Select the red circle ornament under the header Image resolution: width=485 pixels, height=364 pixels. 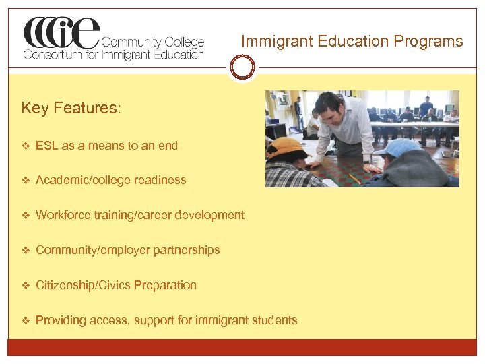[242, 67]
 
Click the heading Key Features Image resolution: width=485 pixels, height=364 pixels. [71, 109]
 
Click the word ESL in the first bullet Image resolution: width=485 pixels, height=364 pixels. [46, 145]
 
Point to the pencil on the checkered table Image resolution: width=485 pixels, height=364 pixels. [354, 178]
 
